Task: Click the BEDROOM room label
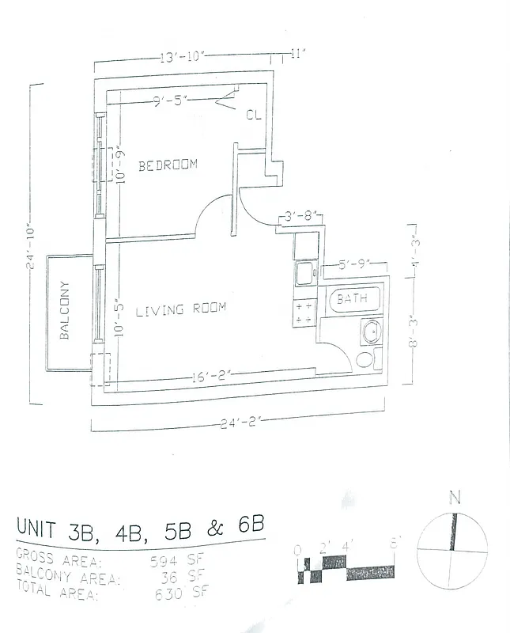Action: (168, 165)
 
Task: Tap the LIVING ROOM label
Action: (181, 309)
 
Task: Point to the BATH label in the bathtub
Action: (352, 299)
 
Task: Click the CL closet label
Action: (253, 115)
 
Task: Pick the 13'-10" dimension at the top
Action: (183, 57)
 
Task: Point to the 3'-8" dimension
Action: (301, 214)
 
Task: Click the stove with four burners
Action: (304, 311)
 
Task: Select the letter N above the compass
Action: (454, 498)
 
